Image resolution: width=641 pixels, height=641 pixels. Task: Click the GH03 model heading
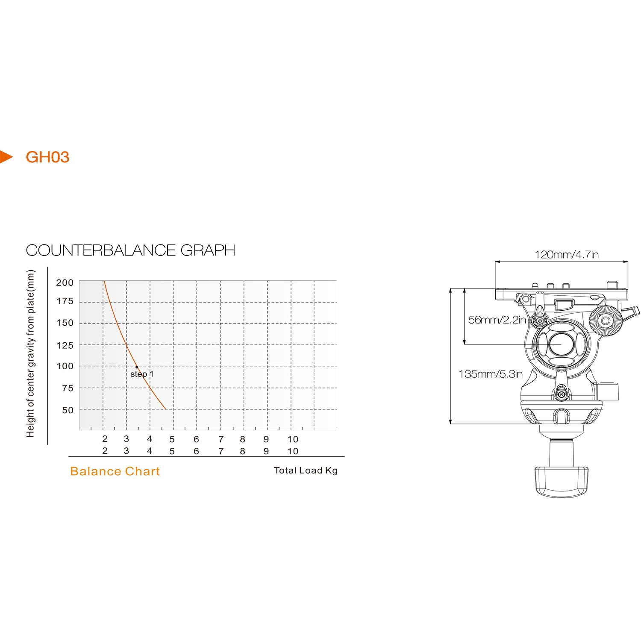point(47,157)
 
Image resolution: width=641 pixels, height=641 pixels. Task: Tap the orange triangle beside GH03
point(6,156)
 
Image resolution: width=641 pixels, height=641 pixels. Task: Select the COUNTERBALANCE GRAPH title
point(130,250)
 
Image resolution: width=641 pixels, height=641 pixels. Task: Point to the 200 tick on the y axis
point(65,282)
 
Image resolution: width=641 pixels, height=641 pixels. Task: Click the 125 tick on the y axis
point(65,345)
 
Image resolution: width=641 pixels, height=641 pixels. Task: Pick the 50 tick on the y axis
point(68,410)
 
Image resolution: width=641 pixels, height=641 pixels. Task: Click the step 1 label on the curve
point(142,374)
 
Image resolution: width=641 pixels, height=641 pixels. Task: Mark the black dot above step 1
point(137,367)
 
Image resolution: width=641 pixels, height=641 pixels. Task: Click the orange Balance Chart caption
point(115,471)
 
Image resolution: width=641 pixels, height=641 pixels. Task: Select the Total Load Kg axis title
point(306,470)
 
